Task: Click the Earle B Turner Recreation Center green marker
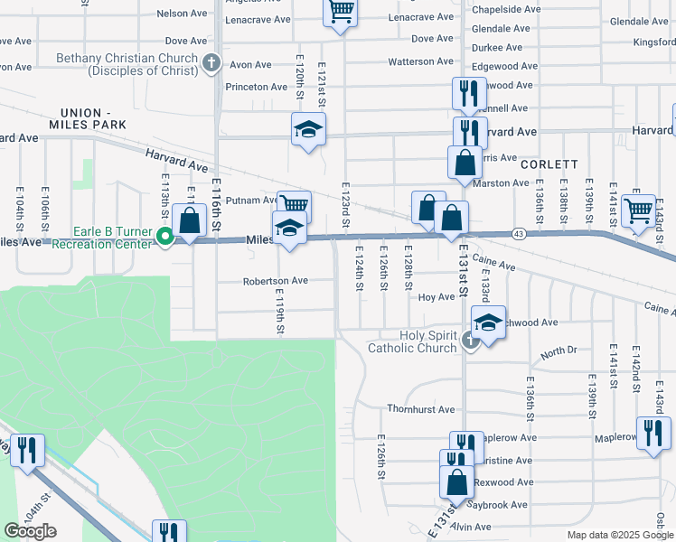(165, 238)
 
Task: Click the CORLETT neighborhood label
(549, 164)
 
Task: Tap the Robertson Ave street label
(275, 281)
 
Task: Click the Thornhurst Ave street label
(421, 409)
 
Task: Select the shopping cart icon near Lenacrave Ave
(341, 13)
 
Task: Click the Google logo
(30, 531)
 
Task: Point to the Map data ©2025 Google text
(619, 535)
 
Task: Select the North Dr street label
(559, 350)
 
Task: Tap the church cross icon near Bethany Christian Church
(211, 63)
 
